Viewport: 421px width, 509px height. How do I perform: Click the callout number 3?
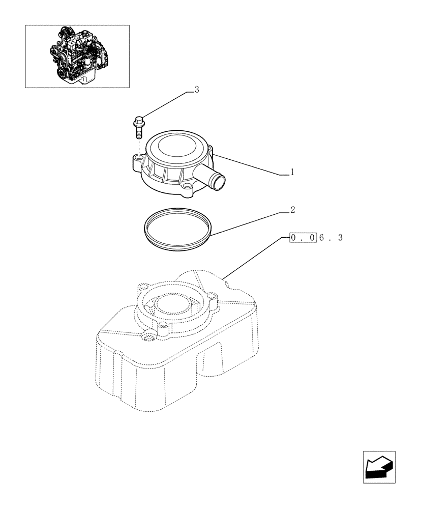point(196,90)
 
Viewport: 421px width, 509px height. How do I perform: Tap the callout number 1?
point(292,173)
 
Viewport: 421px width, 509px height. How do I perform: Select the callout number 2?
point(292,209)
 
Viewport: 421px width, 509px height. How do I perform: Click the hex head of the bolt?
point(139,121)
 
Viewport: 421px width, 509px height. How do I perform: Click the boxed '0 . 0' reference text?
point(303,237)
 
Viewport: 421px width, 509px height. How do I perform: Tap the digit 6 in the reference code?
point(322,237)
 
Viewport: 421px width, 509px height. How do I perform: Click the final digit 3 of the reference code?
point(340,237)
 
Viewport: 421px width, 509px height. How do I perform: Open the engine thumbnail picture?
point(77,56)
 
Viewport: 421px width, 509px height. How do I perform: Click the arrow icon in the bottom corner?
point(379,466)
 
